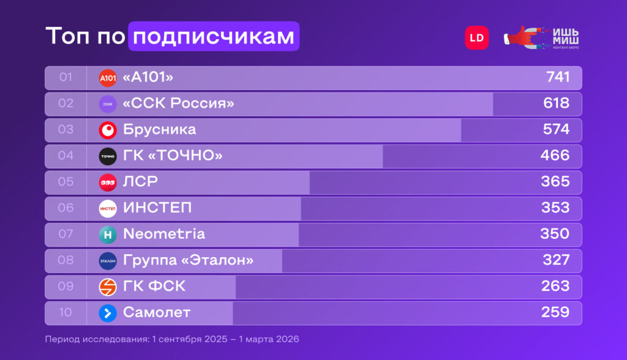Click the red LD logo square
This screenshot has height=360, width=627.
[476, 37]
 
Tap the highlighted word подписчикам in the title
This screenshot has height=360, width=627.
[214, 37]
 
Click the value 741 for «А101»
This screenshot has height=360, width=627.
[558, 77]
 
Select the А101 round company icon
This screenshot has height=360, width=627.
[108, 78]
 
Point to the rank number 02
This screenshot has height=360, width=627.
[66, 103]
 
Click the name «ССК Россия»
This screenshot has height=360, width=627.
[178, 103]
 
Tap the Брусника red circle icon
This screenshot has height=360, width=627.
[108, 130]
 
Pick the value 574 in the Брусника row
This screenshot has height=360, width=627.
[556, 129]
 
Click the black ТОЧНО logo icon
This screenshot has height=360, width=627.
[108, 156]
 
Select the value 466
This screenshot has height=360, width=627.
[555, 156]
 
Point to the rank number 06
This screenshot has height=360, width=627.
[66, 208]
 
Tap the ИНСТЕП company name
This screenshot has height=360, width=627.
[157, 208]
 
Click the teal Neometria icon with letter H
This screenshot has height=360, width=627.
[108, 234]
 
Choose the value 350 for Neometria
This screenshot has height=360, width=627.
[555, 234]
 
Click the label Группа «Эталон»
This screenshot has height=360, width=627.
[188, 260]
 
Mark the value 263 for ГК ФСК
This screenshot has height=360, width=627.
[555, 286]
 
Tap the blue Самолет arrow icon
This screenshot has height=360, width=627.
[108, 313]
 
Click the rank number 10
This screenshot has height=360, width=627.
[66, 313]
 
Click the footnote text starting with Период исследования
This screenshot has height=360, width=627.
[171, 339]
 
